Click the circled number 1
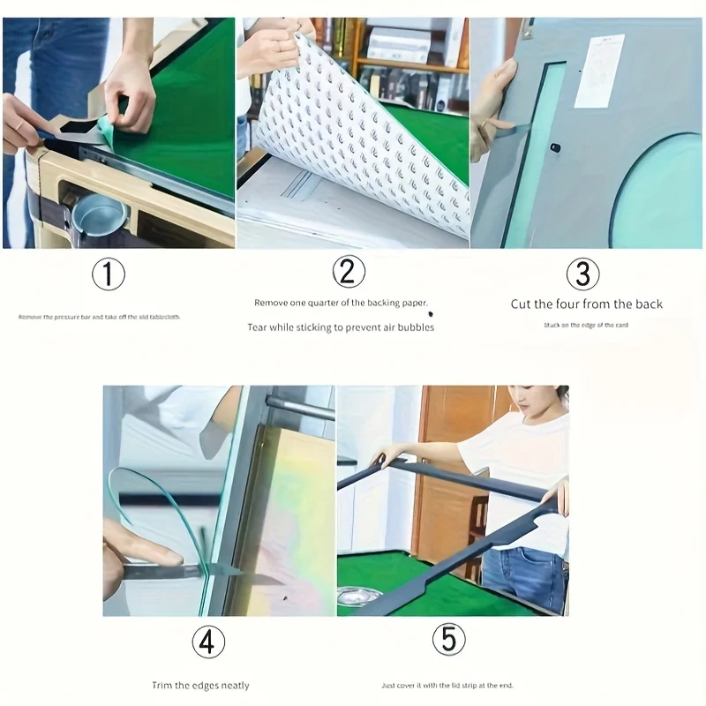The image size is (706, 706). point(109,274)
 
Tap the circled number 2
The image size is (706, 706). point(348,271)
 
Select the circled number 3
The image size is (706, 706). point(582,274)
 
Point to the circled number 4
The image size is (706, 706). point(207,642)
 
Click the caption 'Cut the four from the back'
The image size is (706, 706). point(586,304)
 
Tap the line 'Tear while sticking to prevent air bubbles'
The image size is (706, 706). point(341,327)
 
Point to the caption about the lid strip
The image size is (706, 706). point(447,686)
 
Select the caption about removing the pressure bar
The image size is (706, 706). point(99,316)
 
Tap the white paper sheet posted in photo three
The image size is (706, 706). point(599,71)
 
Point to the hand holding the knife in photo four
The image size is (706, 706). point(132,552)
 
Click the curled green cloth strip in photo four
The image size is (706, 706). point(141,494)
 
